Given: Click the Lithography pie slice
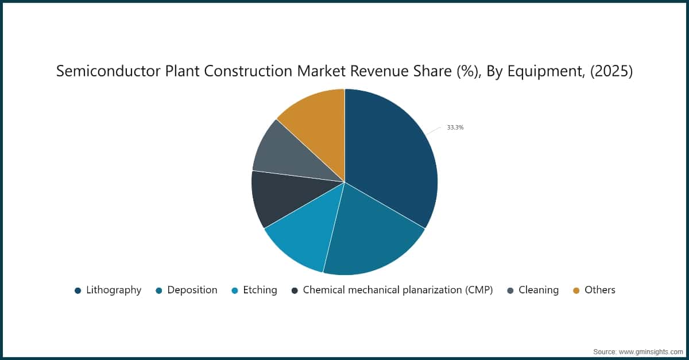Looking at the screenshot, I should [390, 161].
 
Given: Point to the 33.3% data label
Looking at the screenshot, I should [455, 127].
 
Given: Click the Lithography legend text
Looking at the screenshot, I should [114, 290].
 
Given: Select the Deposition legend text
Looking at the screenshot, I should [192, 290].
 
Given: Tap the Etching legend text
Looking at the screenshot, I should [260, 290].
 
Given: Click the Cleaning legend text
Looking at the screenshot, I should [539, 290].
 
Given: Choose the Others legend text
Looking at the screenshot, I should [600, 290].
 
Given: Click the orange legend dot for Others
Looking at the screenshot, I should [576, 291].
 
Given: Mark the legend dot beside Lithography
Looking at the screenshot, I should [78, 291].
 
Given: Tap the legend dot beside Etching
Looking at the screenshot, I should [235, 291].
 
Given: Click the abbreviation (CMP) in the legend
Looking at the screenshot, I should [474, 290].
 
